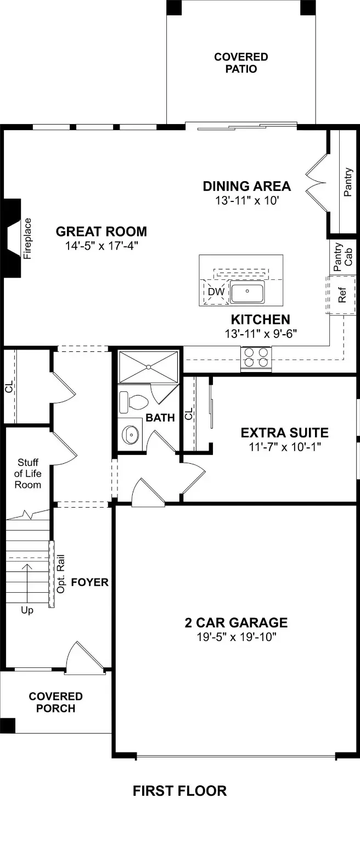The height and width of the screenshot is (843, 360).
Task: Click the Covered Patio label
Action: pyautogui.click(x=241, y=63)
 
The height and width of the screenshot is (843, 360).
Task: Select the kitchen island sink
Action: pyautogui.click(x=247, y=292)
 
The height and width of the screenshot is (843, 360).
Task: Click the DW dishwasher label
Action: pyautogui.click(x=216, y=292)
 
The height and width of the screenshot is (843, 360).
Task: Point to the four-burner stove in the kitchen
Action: pyautogui.click(x=256, y=357)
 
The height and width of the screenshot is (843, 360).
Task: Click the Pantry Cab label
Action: pyautogui.click(x=343, y=256)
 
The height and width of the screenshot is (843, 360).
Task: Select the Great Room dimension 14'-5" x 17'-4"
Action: pyautogui.click(x=101, y=246)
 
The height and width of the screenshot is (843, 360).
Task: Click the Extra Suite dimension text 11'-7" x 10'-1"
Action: pyautogui.click(x=284, y=447)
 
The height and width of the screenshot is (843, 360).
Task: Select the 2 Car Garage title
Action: pyautogui.click(x=236, y=623)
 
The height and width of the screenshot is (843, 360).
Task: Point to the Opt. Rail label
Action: pyautogui.click(x=61, y=574)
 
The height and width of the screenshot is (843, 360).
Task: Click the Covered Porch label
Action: pyautogui.click(x=56, y=702)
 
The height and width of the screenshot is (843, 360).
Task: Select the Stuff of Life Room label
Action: pyautogui.click(x=29, y=473)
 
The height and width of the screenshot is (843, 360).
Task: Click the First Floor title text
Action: pyautogui.click(x=179, y=791)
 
